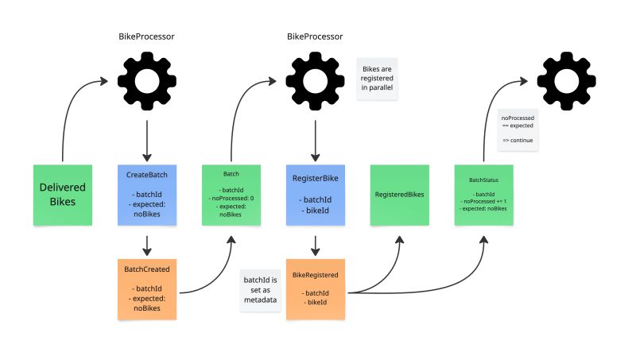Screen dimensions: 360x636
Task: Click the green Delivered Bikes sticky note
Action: coord(63,195)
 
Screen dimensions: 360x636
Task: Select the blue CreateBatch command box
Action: coord(146,195)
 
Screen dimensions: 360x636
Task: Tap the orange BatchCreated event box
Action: coord(146,288)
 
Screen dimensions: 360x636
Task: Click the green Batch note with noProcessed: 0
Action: coord(231,195)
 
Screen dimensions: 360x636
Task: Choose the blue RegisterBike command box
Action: coord(316,195)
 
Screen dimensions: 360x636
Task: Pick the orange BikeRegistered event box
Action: coord(316,288)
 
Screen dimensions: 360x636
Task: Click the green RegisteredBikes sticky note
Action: coord(400,195)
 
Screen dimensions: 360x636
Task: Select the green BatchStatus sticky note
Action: coord(484,195)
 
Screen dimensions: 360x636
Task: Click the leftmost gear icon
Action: coord(146,82)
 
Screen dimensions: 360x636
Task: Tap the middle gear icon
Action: coord(316,82)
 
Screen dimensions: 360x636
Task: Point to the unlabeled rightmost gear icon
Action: coord(566,82)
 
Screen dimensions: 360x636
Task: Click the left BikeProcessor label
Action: coord(146,37)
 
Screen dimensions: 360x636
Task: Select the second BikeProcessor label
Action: coord(315,37)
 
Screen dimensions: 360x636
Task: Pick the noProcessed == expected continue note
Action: coord(518,130)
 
